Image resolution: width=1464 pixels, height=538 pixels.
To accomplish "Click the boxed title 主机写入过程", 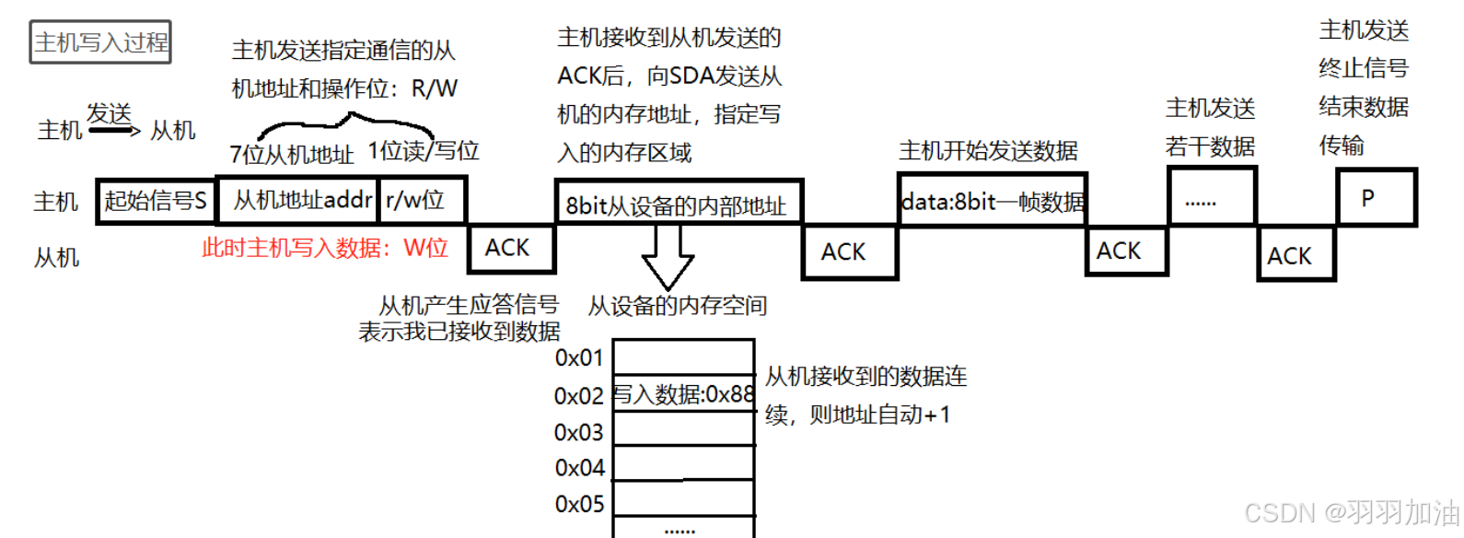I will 100,42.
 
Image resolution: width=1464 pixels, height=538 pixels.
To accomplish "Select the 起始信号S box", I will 156,200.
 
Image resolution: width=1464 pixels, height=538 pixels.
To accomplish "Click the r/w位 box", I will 421,200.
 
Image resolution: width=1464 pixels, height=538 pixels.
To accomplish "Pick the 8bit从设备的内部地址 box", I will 678,204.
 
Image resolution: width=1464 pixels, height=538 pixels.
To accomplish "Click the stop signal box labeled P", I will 1376,197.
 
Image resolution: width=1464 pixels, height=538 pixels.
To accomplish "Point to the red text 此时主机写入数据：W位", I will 324,248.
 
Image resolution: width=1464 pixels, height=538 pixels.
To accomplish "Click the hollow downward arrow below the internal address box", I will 668,258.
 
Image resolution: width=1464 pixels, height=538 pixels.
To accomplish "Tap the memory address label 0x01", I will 578,357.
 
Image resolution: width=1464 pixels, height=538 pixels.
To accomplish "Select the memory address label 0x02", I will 578,396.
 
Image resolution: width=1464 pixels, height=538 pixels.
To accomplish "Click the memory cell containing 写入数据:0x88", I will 683,395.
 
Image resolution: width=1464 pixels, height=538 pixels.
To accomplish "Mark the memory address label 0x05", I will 579,505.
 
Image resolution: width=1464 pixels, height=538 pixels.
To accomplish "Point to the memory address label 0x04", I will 579,468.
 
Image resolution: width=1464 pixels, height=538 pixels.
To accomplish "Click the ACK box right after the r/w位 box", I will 511,248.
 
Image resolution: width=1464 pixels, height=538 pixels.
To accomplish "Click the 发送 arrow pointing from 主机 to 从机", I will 115,130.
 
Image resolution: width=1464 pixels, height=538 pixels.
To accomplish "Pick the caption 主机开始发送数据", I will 988,150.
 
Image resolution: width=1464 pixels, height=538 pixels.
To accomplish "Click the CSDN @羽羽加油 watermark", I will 1351,512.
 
